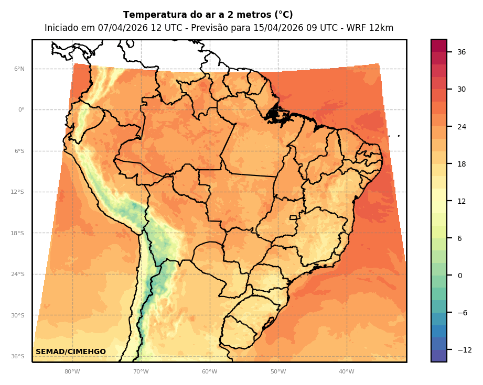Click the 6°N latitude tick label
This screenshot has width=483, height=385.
(19, 69)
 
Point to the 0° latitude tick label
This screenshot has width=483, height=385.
(22, 110)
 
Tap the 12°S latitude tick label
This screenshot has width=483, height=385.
(17, 192)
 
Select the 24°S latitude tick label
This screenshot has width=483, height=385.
(17, 274)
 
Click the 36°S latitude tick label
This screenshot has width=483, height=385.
(17, 356)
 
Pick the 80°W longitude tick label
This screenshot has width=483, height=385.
(72, 372)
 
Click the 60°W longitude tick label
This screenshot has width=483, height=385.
(209, 372)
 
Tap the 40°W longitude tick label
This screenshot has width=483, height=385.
(346, 372)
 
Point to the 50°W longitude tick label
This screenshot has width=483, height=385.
(278, 372)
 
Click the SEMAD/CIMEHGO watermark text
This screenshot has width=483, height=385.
(71, 351)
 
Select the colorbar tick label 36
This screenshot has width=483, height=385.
(461, 52)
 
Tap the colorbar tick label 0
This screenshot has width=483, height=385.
(460, 276)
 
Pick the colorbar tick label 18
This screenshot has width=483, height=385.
(461, 164)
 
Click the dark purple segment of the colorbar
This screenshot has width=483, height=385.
(439, 356)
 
